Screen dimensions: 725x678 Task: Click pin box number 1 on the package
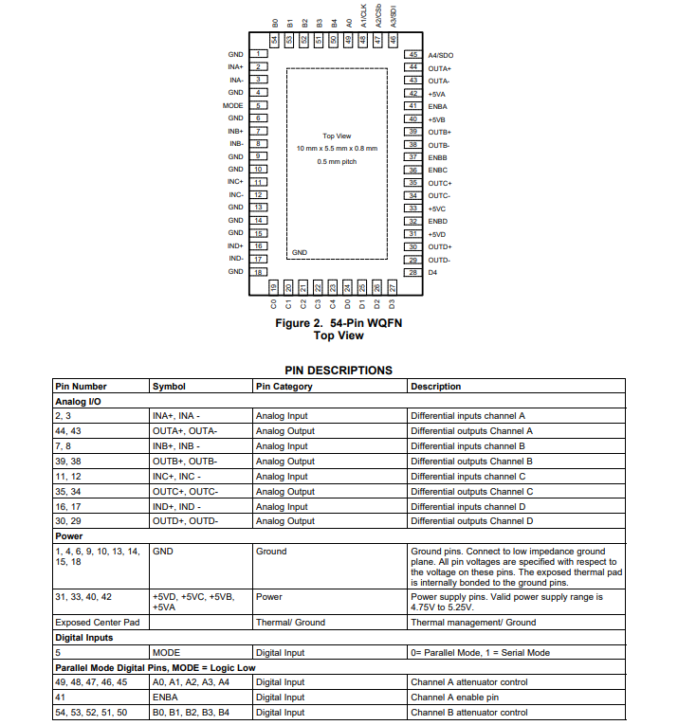[259, 54]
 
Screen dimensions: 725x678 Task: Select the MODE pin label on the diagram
[232, 105]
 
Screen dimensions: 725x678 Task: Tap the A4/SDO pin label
[441, 56]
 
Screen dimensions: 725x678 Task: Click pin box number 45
[412, 55]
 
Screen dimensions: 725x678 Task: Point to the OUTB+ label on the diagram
[440, 132]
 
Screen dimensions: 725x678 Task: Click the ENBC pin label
[437, 170]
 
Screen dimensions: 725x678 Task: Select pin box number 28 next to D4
[412, 272]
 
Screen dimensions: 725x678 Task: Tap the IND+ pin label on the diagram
[235, 245]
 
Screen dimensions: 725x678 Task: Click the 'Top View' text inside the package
[337, 136]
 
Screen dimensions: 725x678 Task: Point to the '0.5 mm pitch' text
[337, 162]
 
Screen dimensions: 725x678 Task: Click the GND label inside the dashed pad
[300, 253]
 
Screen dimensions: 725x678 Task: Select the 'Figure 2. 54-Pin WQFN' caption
[339, 323]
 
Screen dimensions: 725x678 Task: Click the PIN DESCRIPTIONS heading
[339, 371]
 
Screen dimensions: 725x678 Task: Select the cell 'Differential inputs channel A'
[467, 416]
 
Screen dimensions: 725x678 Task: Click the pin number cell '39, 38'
[69, 462]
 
